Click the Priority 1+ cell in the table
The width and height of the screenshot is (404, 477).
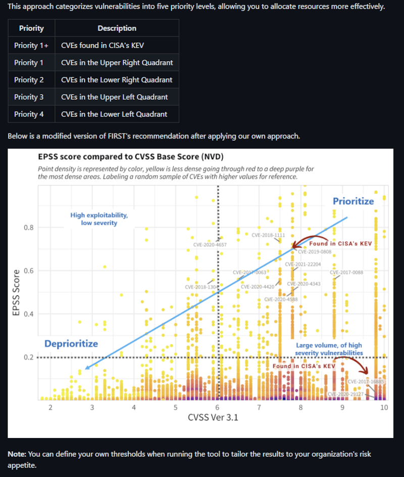[x=31, y=46]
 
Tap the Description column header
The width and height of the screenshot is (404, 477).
[x=117, y=28]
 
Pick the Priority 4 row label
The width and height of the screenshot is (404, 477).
[x=29, y=114]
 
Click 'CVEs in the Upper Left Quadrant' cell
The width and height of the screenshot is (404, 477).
[x=115, y=97]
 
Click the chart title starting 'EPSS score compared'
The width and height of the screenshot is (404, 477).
[x=131, y=157]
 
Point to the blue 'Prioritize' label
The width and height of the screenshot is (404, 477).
[x=353, y=201]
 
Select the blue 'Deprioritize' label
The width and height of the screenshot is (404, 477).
[x=71, y=344]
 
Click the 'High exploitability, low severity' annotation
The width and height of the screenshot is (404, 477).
[x=99, y=219]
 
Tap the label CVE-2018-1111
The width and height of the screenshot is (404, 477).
[x=269, y=235]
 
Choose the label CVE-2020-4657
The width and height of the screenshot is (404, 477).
[x=210, y=245]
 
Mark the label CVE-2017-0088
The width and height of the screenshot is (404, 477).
[x=346, y=273]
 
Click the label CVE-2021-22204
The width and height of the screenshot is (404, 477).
[x=302, y=264]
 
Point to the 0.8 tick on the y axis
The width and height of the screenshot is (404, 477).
[x=29, y=228]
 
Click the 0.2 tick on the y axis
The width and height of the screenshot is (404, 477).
[x=29, y=358]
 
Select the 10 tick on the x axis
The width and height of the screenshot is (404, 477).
[x=384, y=407]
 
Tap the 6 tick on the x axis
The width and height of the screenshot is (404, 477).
[x=217, y=407]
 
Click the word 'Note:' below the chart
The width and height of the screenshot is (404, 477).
[x=17, y=454]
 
